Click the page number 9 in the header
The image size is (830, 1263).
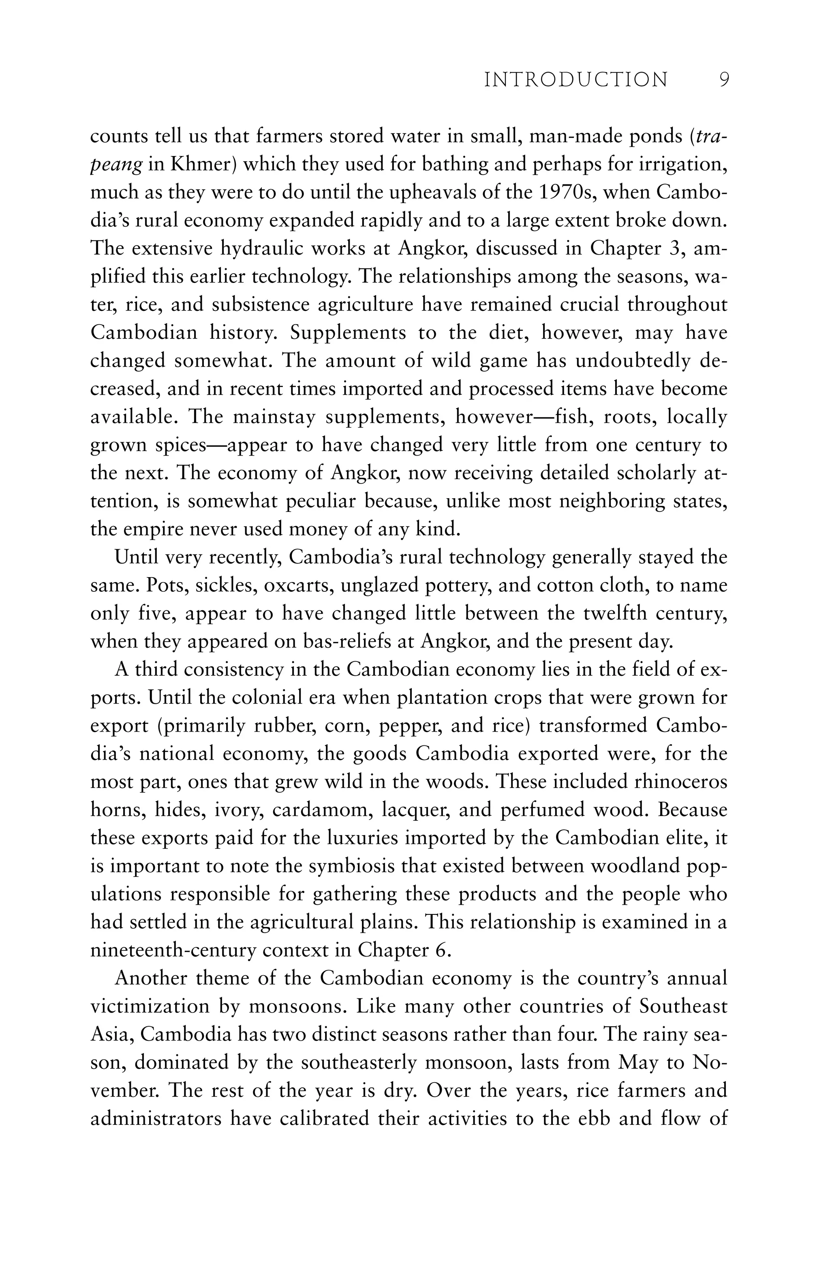pyautogui.click(x=724, y=80)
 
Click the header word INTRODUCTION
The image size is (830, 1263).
pyautogui.click(x=576, y=80)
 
